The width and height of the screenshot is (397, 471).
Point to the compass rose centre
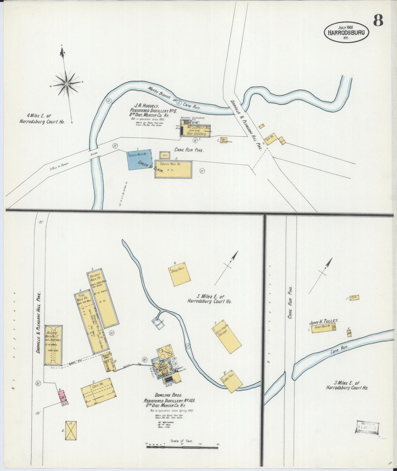tap(66, 84)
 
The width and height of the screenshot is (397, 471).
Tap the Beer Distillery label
tap(196, 134)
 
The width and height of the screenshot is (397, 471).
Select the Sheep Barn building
tap(180, 274)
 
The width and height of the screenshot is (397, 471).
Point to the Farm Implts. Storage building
tap(227, 336)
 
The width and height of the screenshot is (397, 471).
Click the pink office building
tap(62, 396)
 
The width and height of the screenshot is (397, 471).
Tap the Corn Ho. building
tap(98, 392)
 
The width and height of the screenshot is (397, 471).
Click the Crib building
tap(354, 298)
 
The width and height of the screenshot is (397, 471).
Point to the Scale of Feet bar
tap(182, 447)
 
